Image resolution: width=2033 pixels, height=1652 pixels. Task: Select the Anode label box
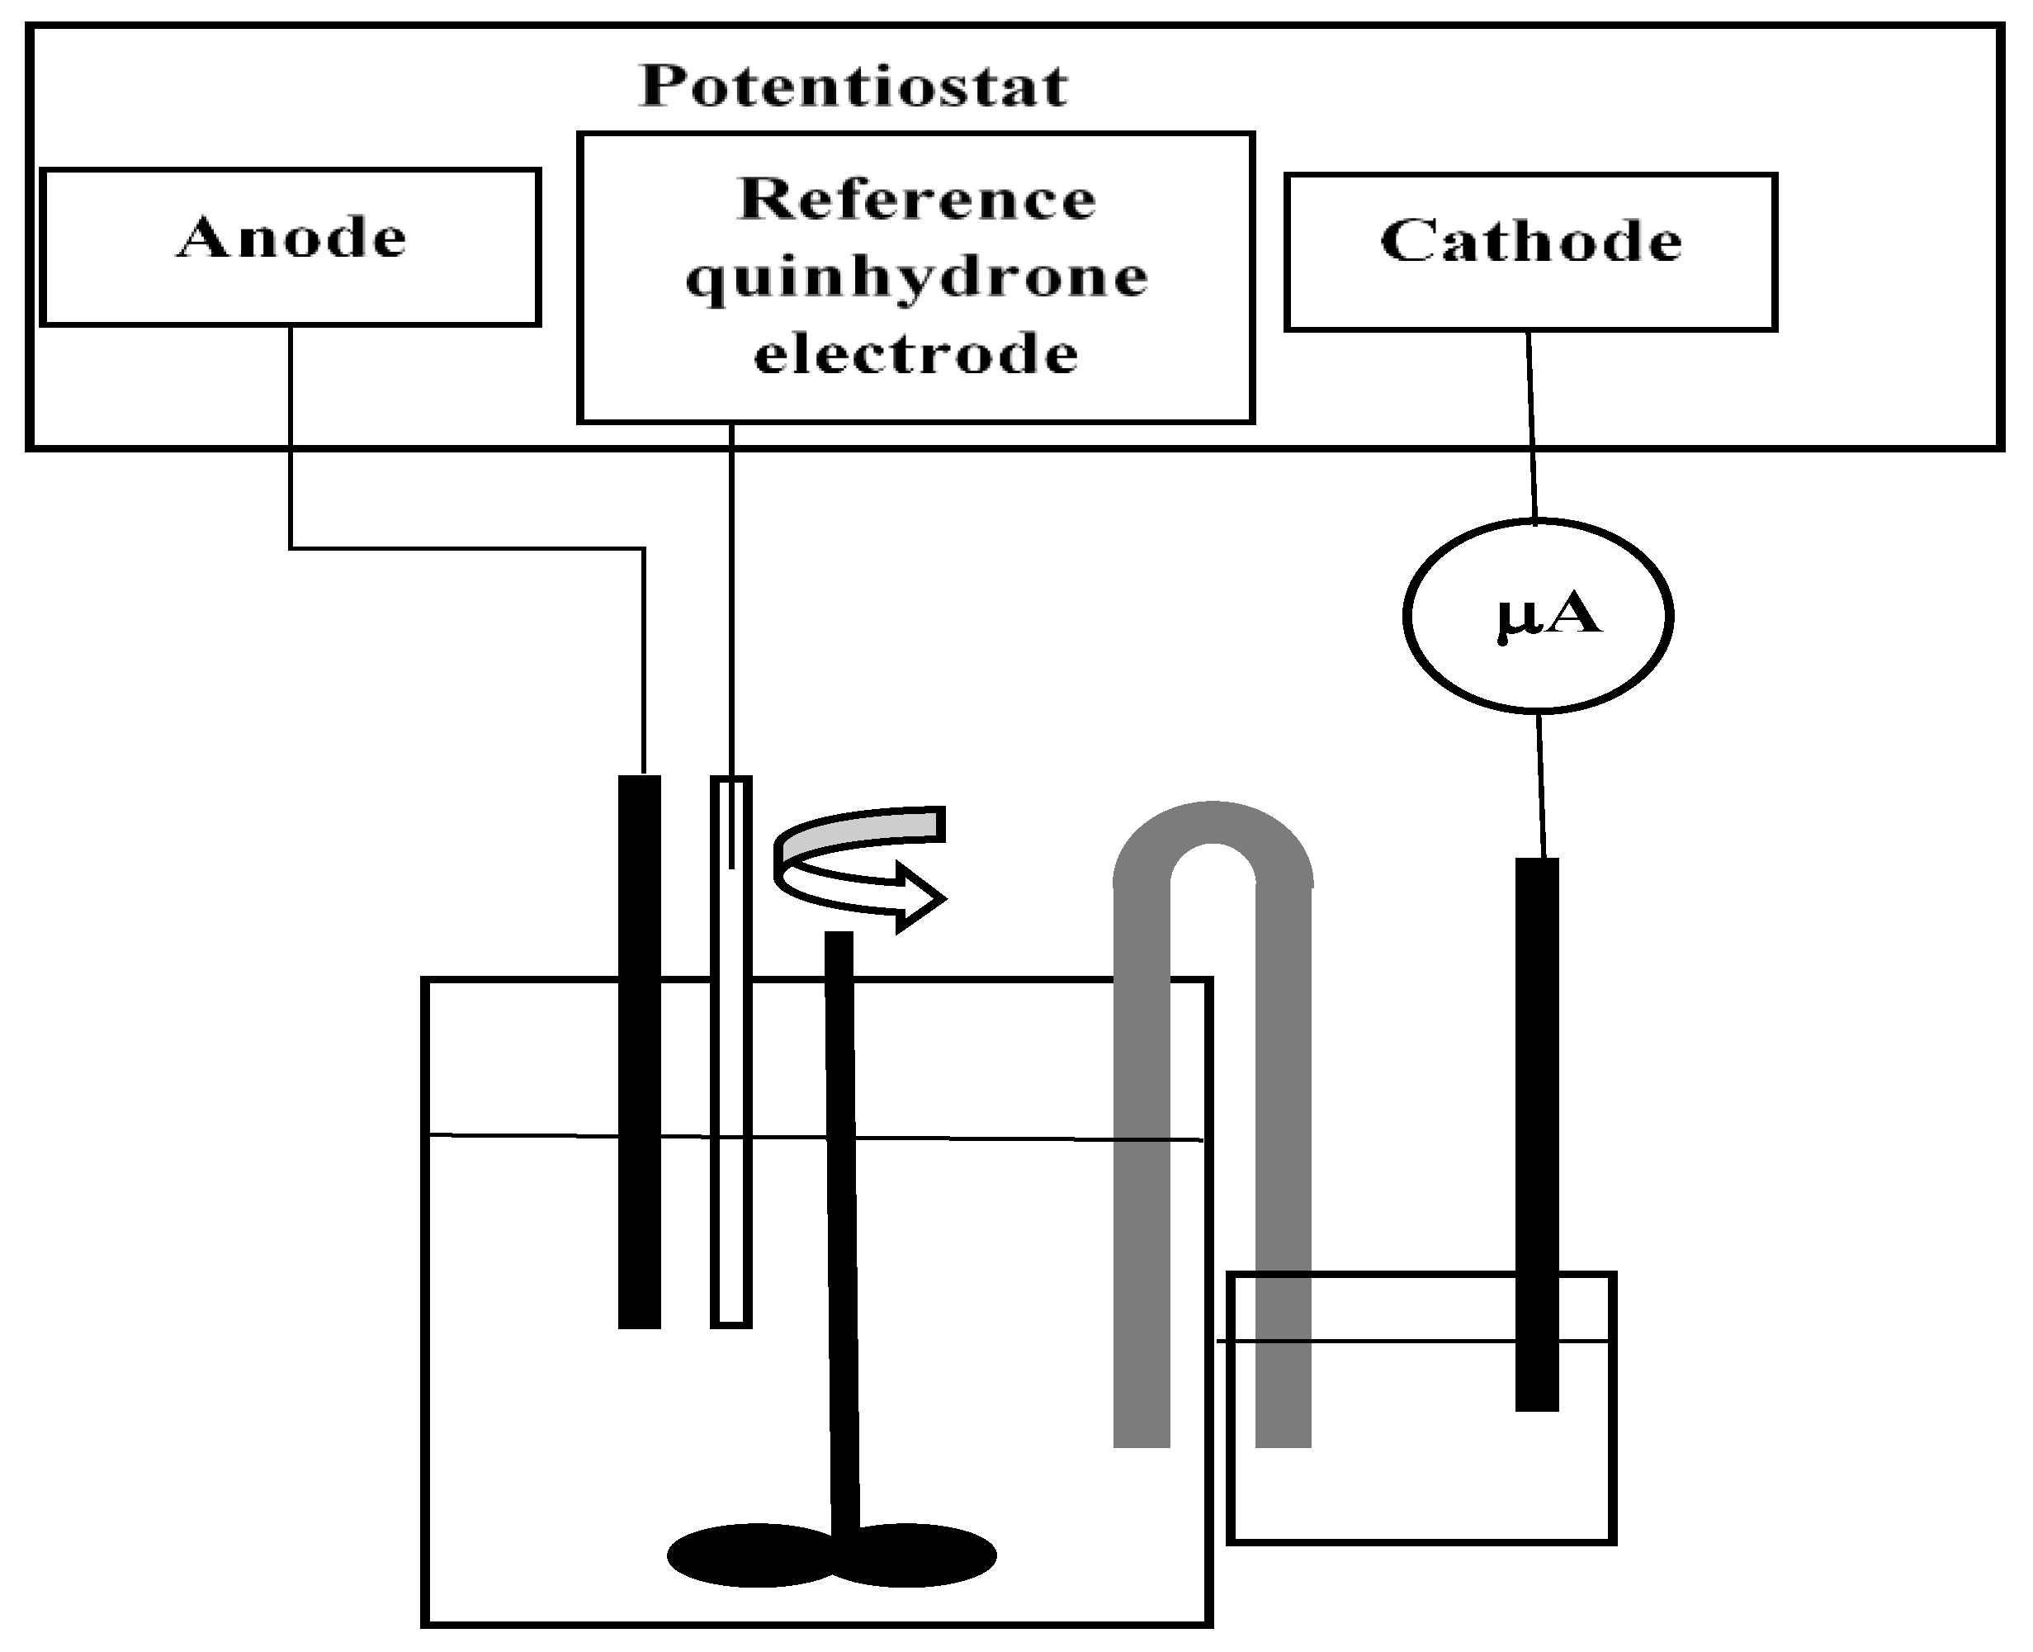coord(291,247)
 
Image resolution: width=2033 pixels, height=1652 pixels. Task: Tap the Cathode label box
coord(1529,251)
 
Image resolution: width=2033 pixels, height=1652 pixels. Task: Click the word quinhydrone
coord(916,279)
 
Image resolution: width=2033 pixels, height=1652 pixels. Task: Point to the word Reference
coord(916,200)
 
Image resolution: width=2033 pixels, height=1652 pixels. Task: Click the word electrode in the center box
coord(916,355)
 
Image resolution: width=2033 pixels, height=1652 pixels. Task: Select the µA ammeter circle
coord(1538,615)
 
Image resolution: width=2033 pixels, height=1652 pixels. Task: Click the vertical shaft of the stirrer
coord(842,1237)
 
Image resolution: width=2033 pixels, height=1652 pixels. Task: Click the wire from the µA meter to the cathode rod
coord(1540,785)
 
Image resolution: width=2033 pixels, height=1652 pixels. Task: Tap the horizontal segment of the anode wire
coord(466,548)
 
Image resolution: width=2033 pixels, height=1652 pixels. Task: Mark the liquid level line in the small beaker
coord(1408,1341)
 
